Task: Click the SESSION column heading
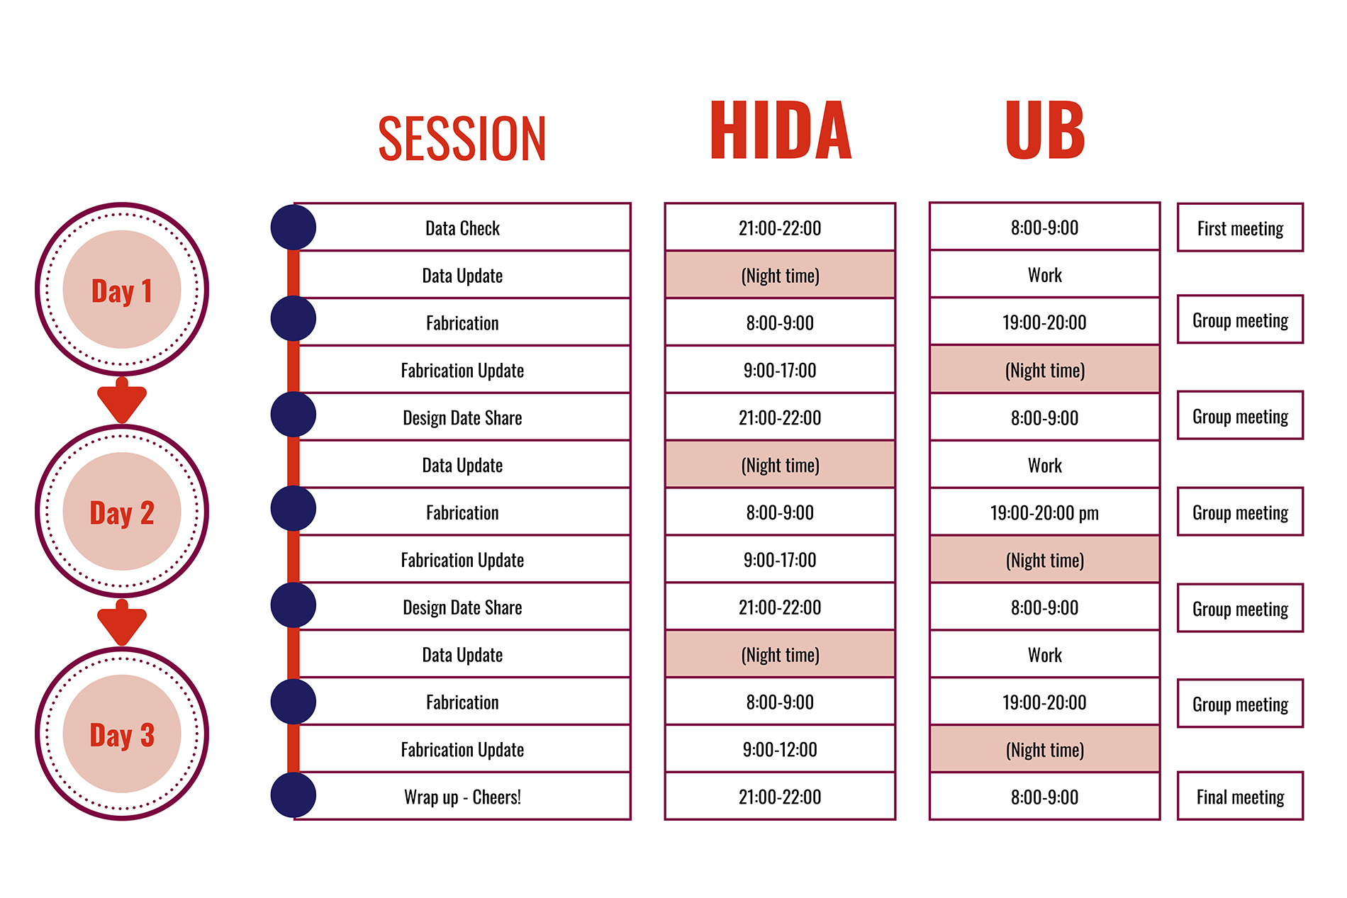pos(462,138)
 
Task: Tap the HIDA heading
pos(780,130)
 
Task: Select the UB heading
pos(1045,130)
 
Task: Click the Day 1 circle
pos(122,289)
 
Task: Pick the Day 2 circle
pos(122,511)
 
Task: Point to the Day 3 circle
pos(122,734)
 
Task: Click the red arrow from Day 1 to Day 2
pos(122,400)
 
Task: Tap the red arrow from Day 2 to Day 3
pos(122,622)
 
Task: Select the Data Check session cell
pos(462,228)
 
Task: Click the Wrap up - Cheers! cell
pos(462,797)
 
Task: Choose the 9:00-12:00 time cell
pos(780,749)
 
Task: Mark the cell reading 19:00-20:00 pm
pos(1044,512)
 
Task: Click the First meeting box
pos(1240,228)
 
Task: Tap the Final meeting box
pos(1240,797)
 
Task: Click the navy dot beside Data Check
pos(294,228)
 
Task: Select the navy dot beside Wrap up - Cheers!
pos(294,795)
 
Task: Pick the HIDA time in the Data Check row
pos(780,228)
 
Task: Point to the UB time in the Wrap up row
pos(1044,797)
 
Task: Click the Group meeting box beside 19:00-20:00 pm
pos(1240,512)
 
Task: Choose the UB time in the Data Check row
pos(1044,227)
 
